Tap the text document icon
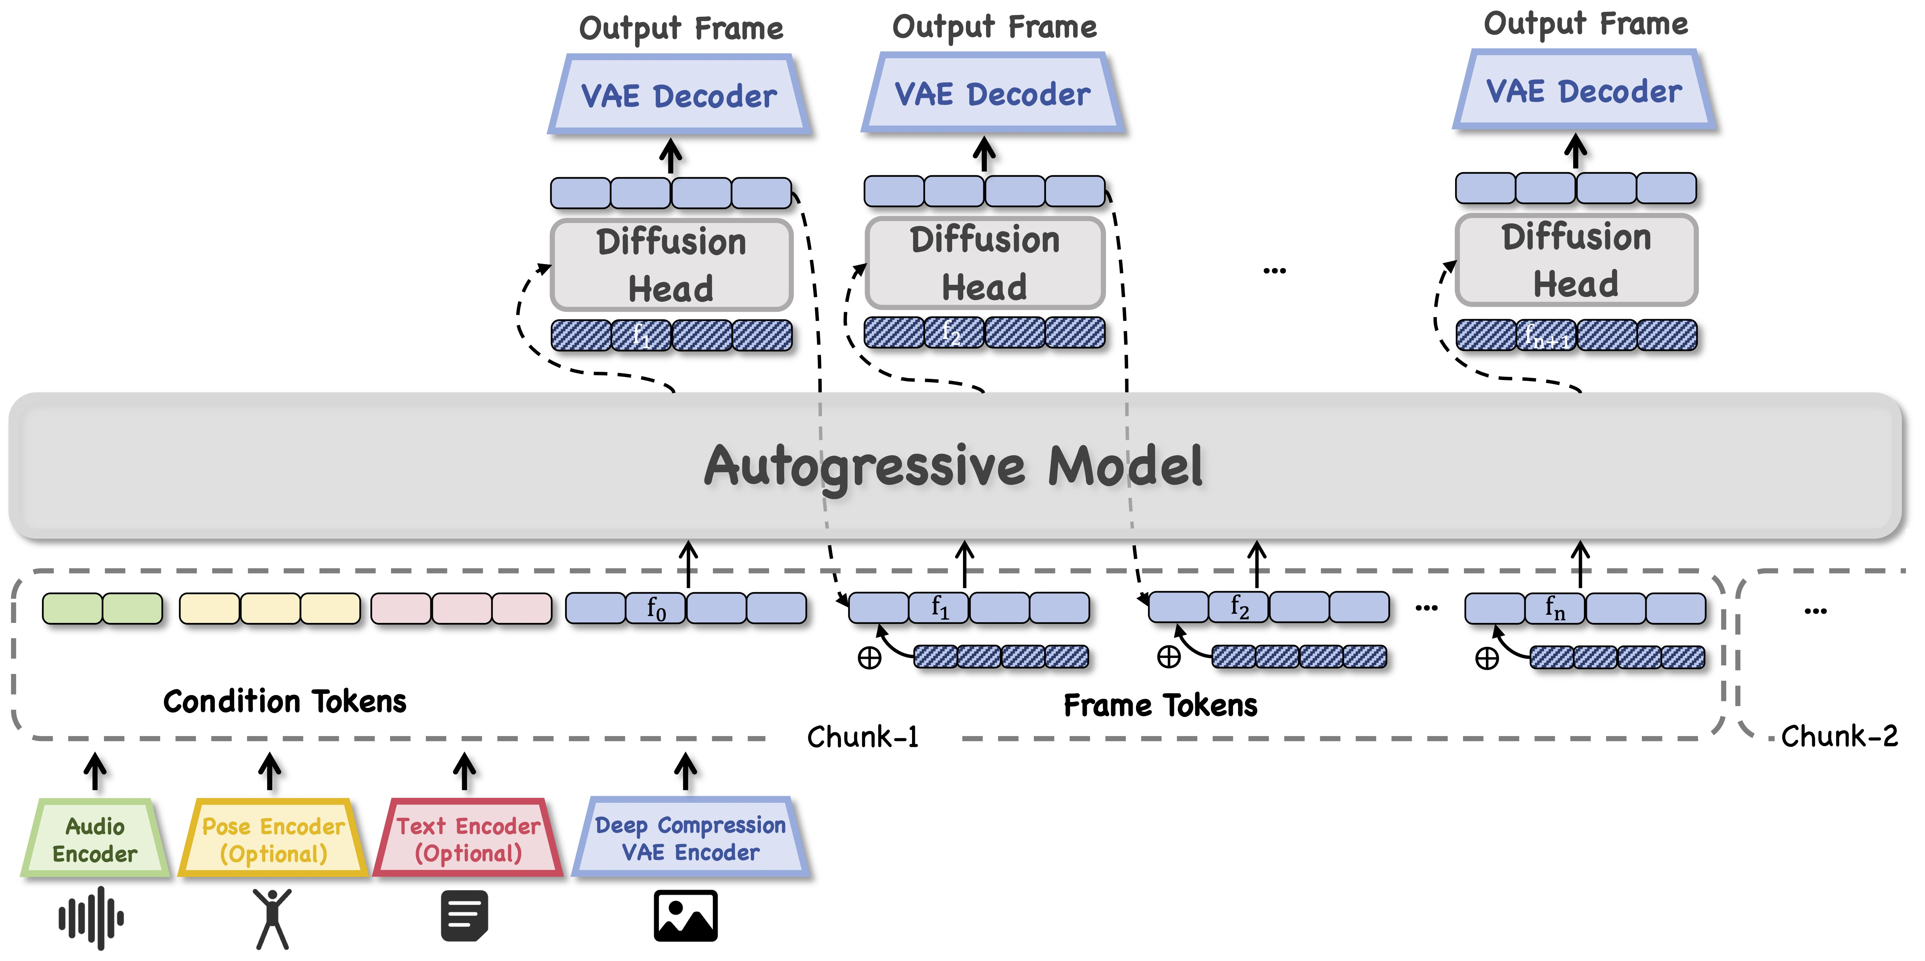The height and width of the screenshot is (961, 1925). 464,916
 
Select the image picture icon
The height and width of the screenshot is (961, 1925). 685,916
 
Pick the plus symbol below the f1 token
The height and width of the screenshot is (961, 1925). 869,658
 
